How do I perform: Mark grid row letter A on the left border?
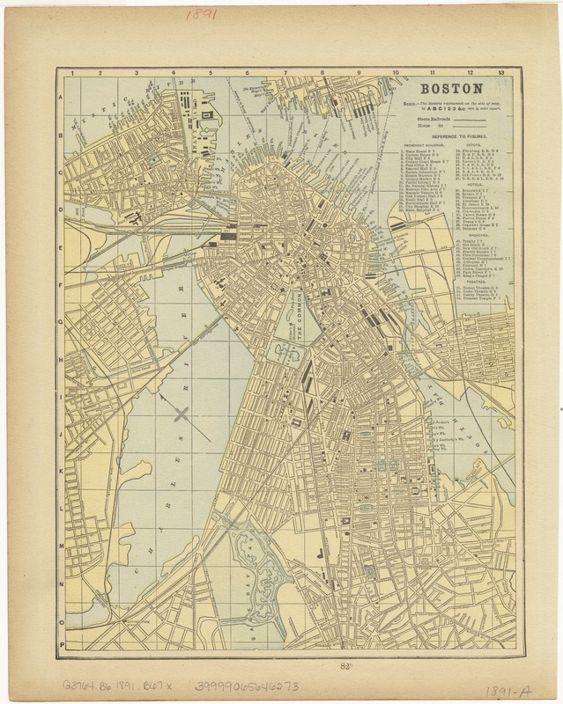point(60,99)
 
